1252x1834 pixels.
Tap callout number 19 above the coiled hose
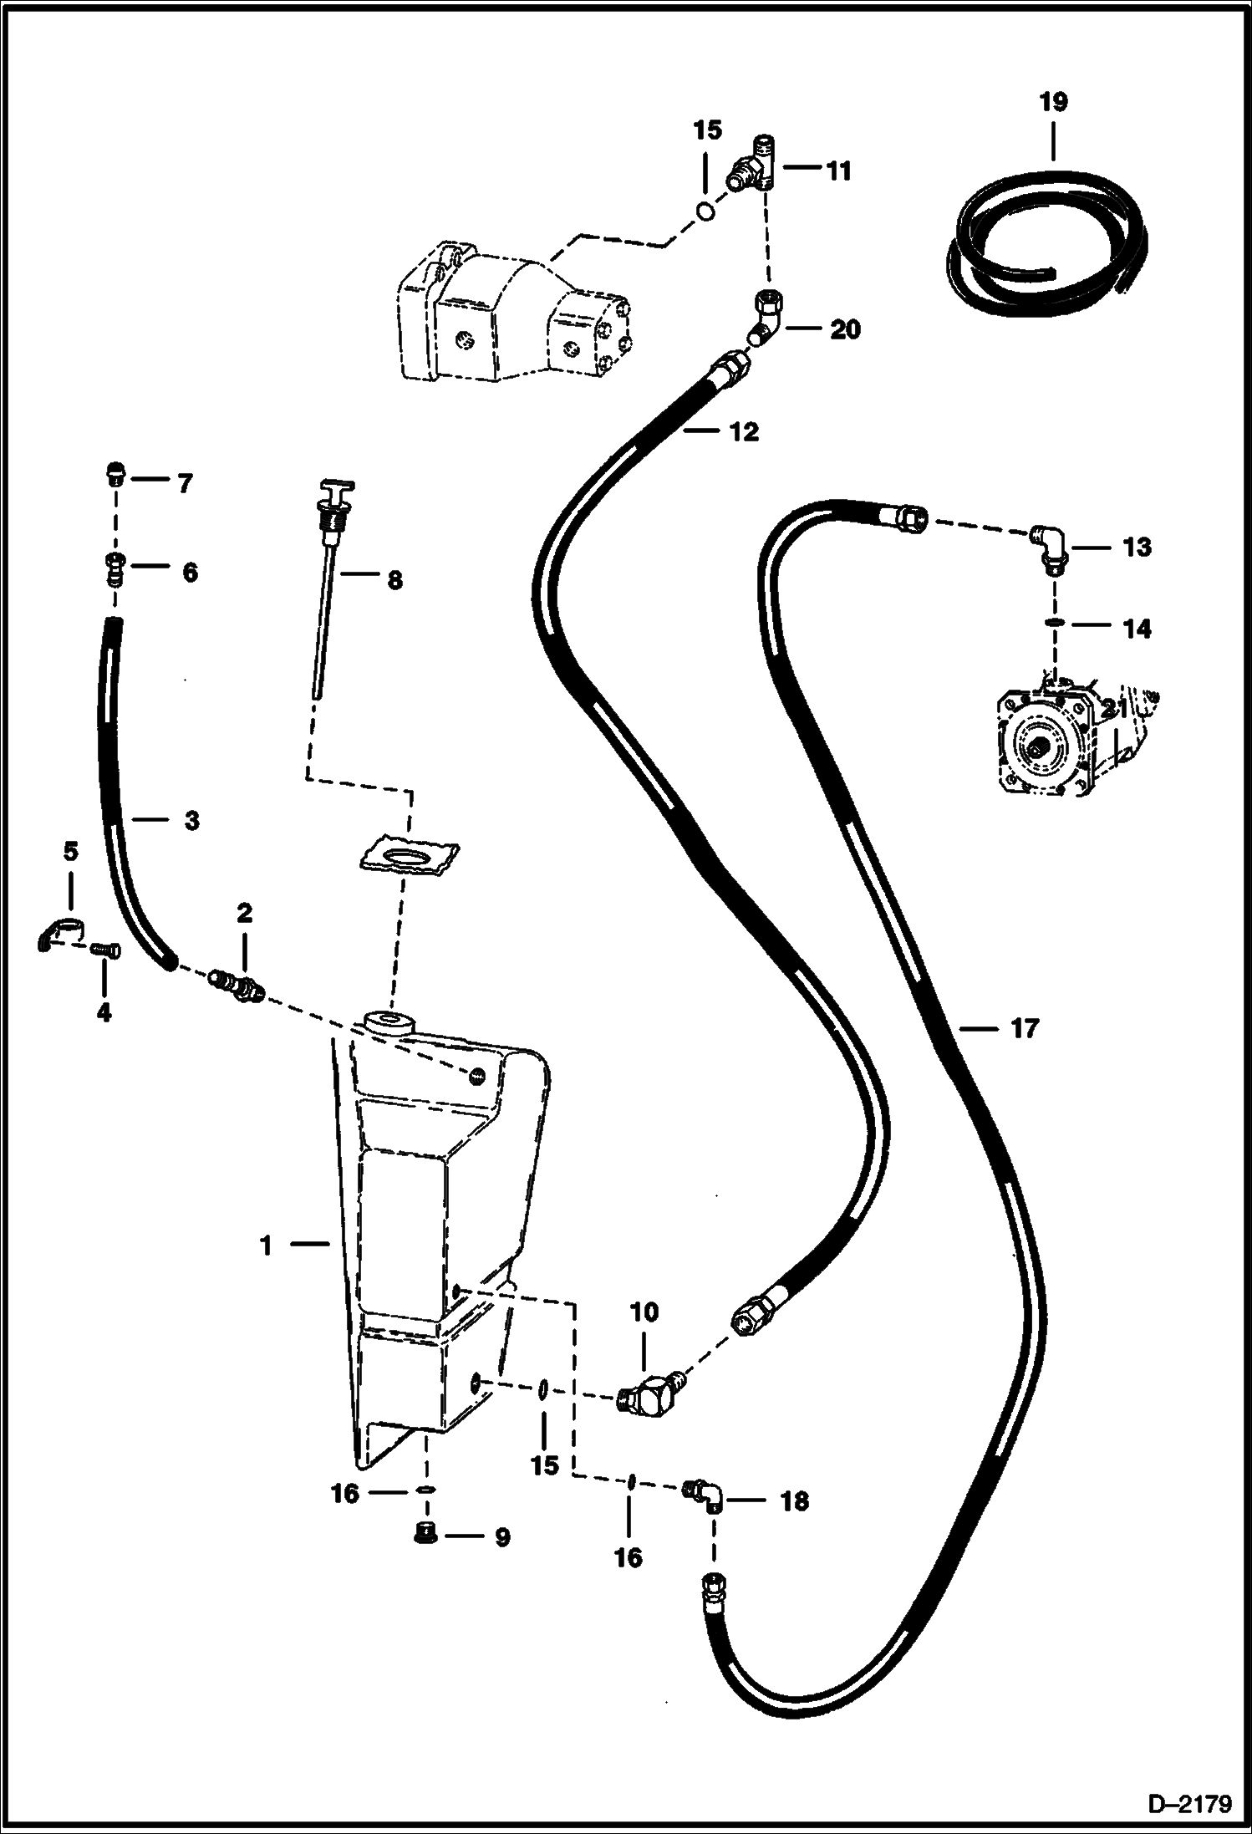[1053, 103]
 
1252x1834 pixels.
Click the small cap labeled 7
[115, 472]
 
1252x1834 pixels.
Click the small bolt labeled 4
[107, 950]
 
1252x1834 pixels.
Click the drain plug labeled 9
[427, 1532]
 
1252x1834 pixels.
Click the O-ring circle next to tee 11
[705, 210]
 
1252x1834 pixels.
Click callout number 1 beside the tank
[267, 1270]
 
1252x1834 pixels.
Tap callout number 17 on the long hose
[1024, 1029]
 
